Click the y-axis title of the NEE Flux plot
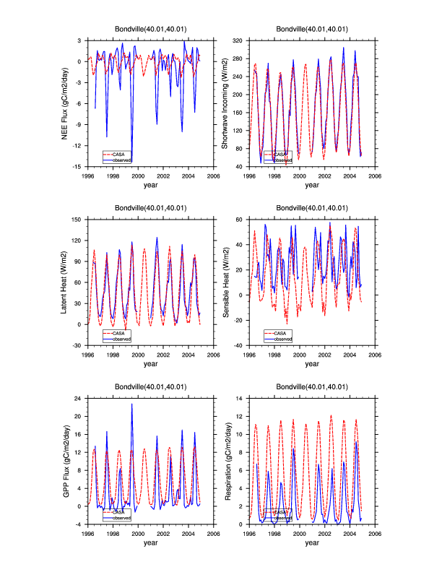click(65, 103)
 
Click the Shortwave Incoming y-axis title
click(225, 103)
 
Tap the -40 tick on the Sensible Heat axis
click(239, 345)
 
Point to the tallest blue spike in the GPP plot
click(131, 404)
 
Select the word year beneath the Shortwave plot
click(311, 185)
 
